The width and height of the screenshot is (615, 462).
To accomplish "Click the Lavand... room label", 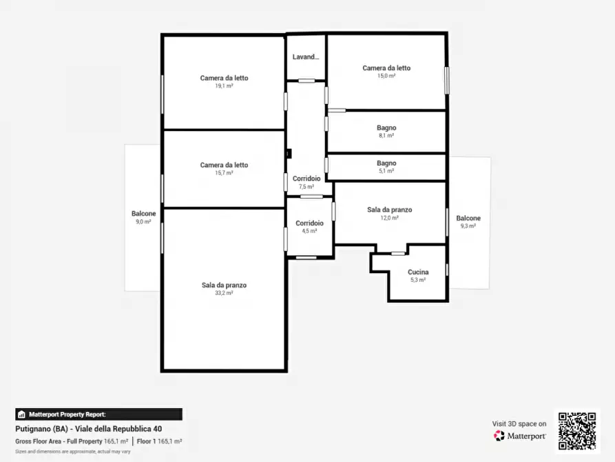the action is (x=306, y=57).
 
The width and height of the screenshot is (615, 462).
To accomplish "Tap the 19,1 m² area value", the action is (x=224, y=86).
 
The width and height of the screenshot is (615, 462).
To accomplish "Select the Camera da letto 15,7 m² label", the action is (x=224, y=168).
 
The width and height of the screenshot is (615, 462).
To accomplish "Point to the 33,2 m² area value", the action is (x=224, y=293).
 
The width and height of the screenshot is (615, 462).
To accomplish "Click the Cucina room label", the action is (x=418, y=272).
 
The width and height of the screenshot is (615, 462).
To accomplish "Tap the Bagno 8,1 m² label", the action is (x=386, y=131).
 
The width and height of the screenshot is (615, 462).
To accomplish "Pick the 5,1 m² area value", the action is (x=386, y=171).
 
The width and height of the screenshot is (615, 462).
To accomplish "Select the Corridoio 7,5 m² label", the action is (x=306, y=182).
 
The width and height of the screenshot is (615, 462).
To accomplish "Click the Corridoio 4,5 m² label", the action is (x=309, y=227).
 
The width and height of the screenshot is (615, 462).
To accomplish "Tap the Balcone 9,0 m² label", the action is (x=143, y=217).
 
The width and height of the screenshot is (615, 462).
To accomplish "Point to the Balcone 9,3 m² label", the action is (x=468, y=221).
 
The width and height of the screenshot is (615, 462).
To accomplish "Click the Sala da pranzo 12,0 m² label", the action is (x=390, y=213).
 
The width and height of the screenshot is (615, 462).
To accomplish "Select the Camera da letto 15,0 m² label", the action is (x=386, y=72).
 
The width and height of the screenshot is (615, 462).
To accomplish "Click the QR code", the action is (x=577, y=430).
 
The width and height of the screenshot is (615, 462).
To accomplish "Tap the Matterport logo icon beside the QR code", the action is (x=499, y=436).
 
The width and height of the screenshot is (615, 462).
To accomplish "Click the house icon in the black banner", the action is (x=21, y=414).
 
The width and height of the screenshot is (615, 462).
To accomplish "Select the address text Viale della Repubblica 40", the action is (x=118, y=429).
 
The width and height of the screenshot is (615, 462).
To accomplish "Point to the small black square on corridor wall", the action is (x=289, y=153).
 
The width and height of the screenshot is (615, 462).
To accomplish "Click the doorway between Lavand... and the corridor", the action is (x=306, y=81).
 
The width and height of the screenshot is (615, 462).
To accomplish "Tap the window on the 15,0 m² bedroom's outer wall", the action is (x=446, y=81).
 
